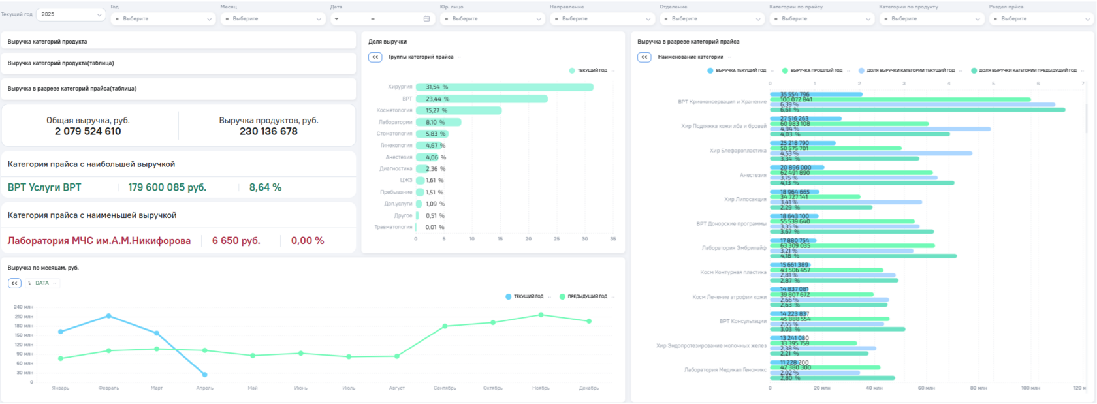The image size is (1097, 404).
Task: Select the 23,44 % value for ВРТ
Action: coord(437,99)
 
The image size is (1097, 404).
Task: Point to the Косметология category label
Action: coord(394,110)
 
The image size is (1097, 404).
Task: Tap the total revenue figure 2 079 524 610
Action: coord(87,131)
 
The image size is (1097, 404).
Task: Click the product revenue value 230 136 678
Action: coord(268,131)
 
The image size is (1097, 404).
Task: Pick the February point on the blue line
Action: coord(108,316)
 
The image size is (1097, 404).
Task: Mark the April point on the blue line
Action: coord(205,375)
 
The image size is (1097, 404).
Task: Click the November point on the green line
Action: coord(541,315)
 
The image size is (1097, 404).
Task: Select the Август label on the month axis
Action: coord(396,388)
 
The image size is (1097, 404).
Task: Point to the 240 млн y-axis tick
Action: coord(23,307)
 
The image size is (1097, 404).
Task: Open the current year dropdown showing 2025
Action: coord(71,14)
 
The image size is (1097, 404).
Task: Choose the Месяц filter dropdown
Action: coord(273,19)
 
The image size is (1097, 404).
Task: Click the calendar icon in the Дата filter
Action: coord(426,19)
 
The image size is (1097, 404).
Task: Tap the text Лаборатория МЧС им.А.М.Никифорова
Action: coord(99,241)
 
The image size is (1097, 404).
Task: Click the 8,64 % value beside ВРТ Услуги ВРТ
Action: coord(265,187)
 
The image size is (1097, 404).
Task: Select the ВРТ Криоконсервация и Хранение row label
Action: coord(722,102)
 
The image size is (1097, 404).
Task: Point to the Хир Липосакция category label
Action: coord(745,200)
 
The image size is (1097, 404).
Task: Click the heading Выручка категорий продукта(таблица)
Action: coord(61,63)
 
